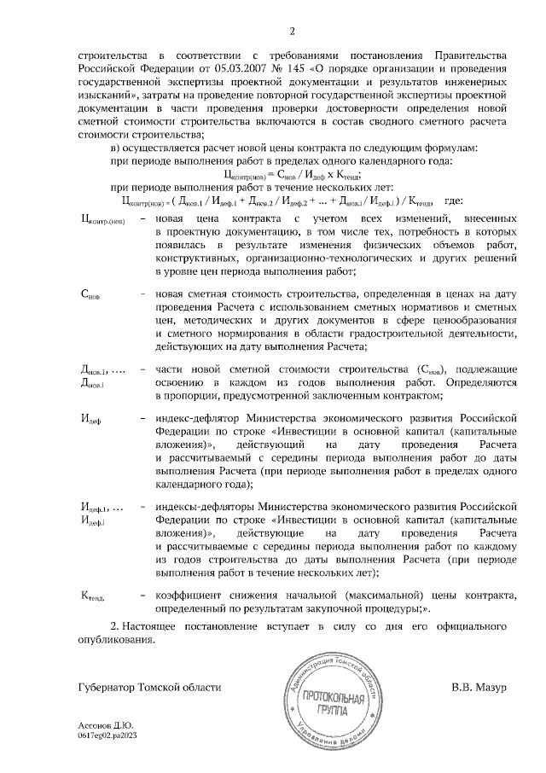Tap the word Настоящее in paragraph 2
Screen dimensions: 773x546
[161, 627]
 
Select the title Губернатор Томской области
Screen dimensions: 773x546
[148, 687]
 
